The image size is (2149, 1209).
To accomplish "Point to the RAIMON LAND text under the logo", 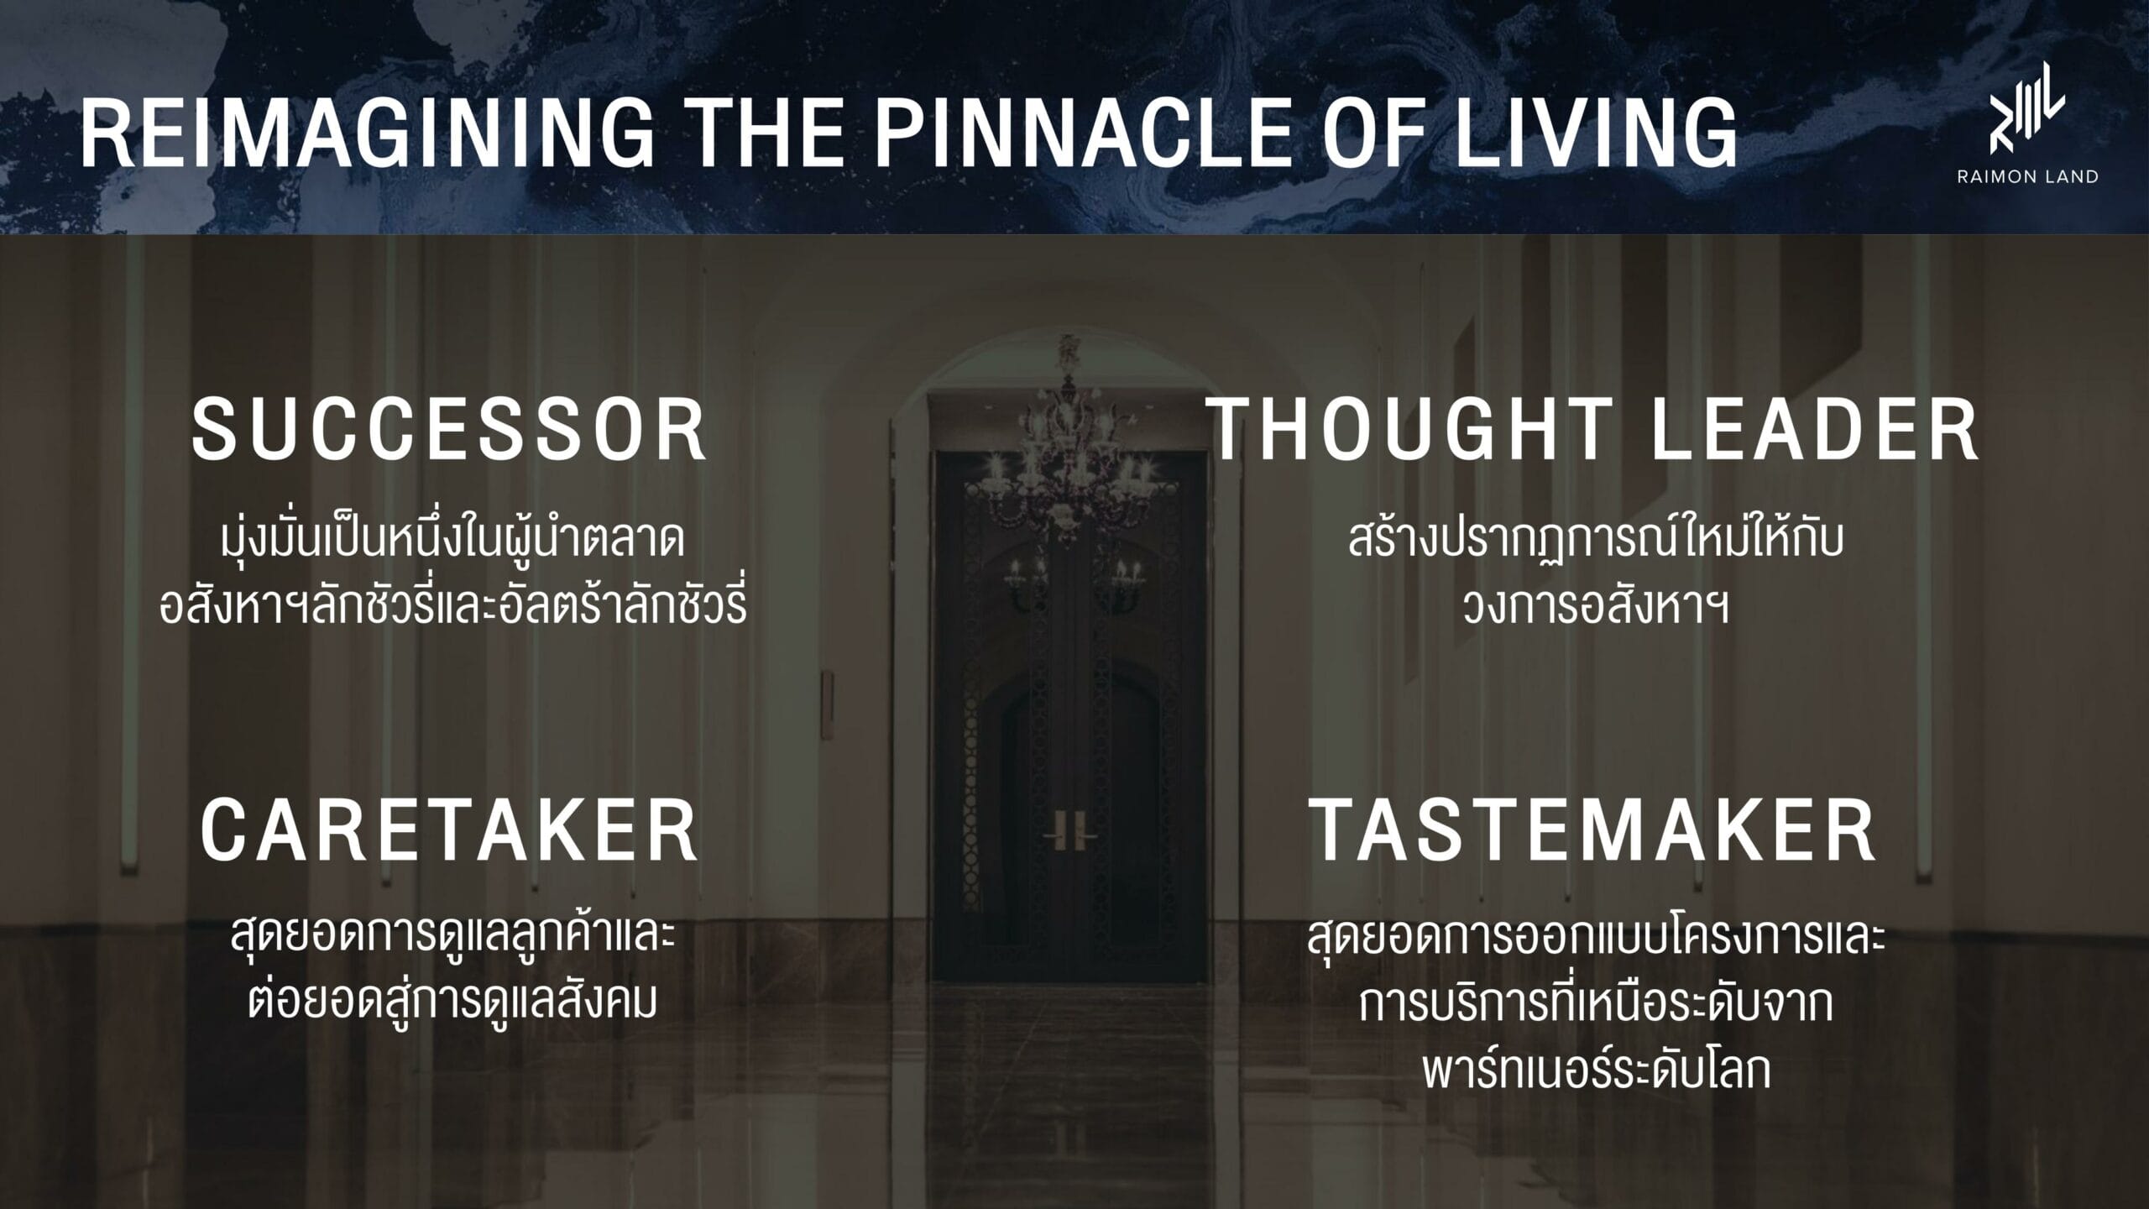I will tap(2026, 177).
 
